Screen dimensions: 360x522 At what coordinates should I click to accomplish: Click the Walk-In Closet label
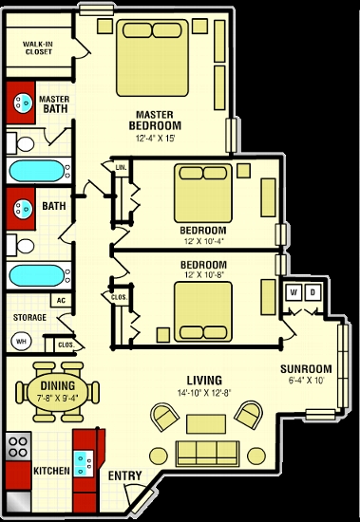(38, 48)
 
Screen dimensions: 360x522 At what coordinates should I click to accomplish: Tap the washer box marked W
(294, 292)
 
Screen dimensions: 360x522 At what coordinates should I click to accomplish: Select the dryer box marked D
(313, 292)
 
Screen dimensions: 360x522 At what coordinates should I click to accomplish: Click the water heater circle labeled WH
(21, 342)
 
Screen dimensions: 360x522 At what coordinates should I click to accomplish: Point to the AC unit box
(61, 300)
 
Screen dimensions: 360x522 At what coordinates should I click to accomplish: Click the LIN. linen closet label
(121, 167)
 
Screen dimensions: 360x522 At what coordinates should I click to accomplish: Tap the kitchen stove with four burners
(18, 447)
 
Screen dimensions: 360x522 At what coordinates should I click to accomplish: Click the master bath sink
(24, 103)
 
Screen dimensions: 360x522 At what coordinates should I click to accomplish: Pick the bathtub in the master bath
(39, 171)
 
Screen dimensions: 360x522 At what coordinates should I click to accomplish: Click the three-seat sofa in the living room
(208, 454)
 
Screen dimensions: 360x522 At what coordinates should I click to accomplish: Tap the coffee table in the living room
(206, 424)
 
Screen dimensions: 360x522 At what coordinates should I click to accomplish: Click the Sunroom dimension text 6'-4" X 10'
(307, 381)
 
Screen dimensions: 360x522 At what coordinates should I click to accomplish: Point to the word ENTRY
(125, 476)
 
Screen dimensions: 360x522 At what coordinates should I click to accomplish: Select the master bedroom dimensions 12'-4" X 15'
(156, 138)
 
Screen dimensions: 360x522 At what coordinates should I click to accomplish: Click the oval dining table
(58, 391)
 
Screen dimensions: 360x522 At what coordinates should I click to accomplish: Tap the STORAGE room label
(29, 317)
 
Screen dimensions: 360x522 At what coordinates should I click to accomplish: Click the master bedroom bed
(152, 58)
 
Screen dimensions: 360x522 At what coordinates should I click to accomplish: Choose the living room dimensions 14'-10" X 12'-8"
(204, 393)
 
